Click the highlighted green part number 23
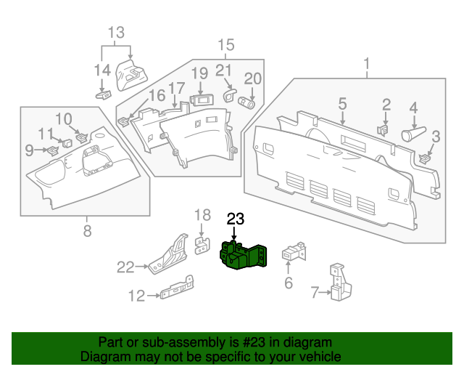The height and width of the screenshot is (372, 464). pyautogui.click(x=242, y=256)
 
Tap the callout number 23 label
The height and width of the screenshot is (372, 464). pyautogui.click(x=236, y=219)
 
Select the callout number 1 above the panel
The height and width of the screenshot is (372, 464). pyautogui.click(x=367, y=63)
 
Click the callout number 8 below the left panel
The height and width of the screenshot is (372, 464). pyautogui.click(x=87, y=232)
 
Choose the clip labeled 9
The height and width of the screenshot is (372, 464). pyautogui.click(x=52, y=150)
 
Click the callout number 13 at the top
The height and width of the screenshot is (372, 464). pyautogui.click(x=117, y=33)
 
